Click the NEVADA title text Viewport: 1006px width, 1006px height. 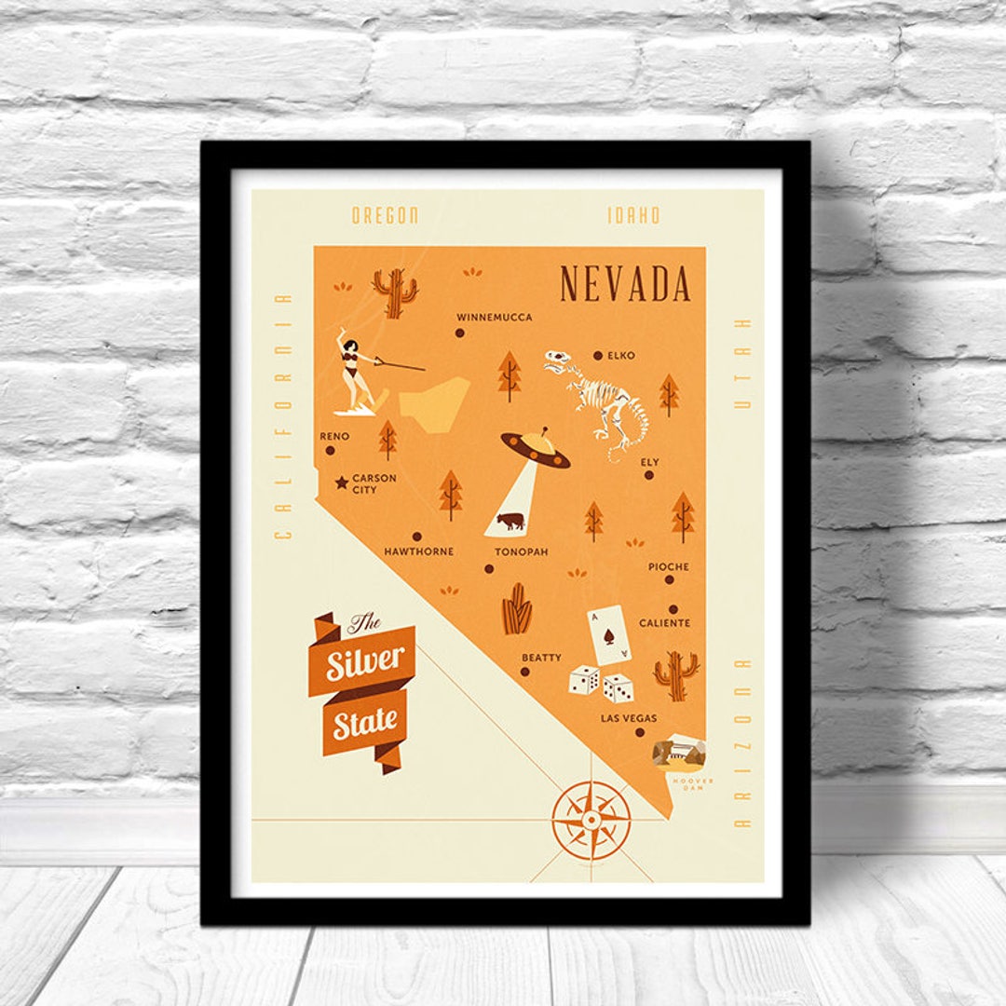point(625,284)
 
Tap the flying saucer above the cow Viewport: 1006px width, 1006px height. point(536,448)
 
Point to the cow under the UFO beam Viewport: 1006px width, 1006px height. point(510,521)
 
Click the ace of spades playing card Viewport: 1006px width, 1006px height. point(608,635)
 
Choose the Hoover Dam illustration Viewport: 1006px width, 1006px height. point(679,753)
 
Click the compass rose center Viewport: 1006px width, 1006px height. point(591,820)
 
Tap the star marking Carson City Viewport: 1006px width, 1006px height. point(342,483)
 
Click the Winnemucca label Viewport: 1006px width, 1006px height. point(495,318)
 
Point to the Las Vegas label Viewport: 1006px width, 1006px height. point(629,718)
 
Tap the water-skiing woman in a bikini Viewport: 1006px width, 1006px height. point(355,370)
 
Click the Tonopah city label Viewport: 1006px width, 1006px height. point(521,551)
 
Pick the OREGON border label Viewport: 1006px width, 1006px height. point(385,215)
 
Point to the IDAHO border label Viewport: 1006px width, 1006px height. point(634,215)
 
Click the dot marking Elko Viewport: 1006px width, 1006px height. point(597,355)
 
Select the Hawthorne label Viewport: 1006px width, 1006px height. point(419,551)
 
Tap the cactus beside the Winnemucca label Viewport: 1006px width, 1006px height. point(395,292)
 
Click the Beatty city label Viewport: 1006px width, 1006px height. point(541,658)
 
